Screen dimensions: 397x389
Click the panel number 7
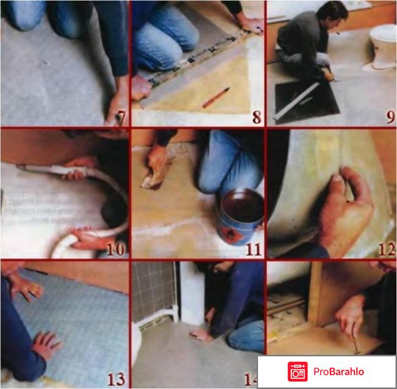[121, 117]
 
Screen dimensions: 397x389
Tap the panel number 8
[257, 117]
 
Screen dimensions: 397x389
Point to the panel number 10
[116, 249]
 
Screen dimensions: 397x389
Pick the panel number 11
[253, 250]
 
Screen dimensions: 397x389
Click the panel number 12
[387, 249]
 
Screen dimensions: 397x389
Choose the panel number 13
[116, 379]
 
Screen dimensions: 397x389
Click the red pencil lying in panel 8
[216, 97]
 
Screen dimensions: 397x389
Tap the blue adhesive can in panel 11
[239, 216]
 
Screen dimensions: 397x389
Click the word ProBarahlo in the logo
[338, 371]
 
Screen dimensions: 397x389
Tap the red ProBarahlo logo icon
[297, 371]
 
